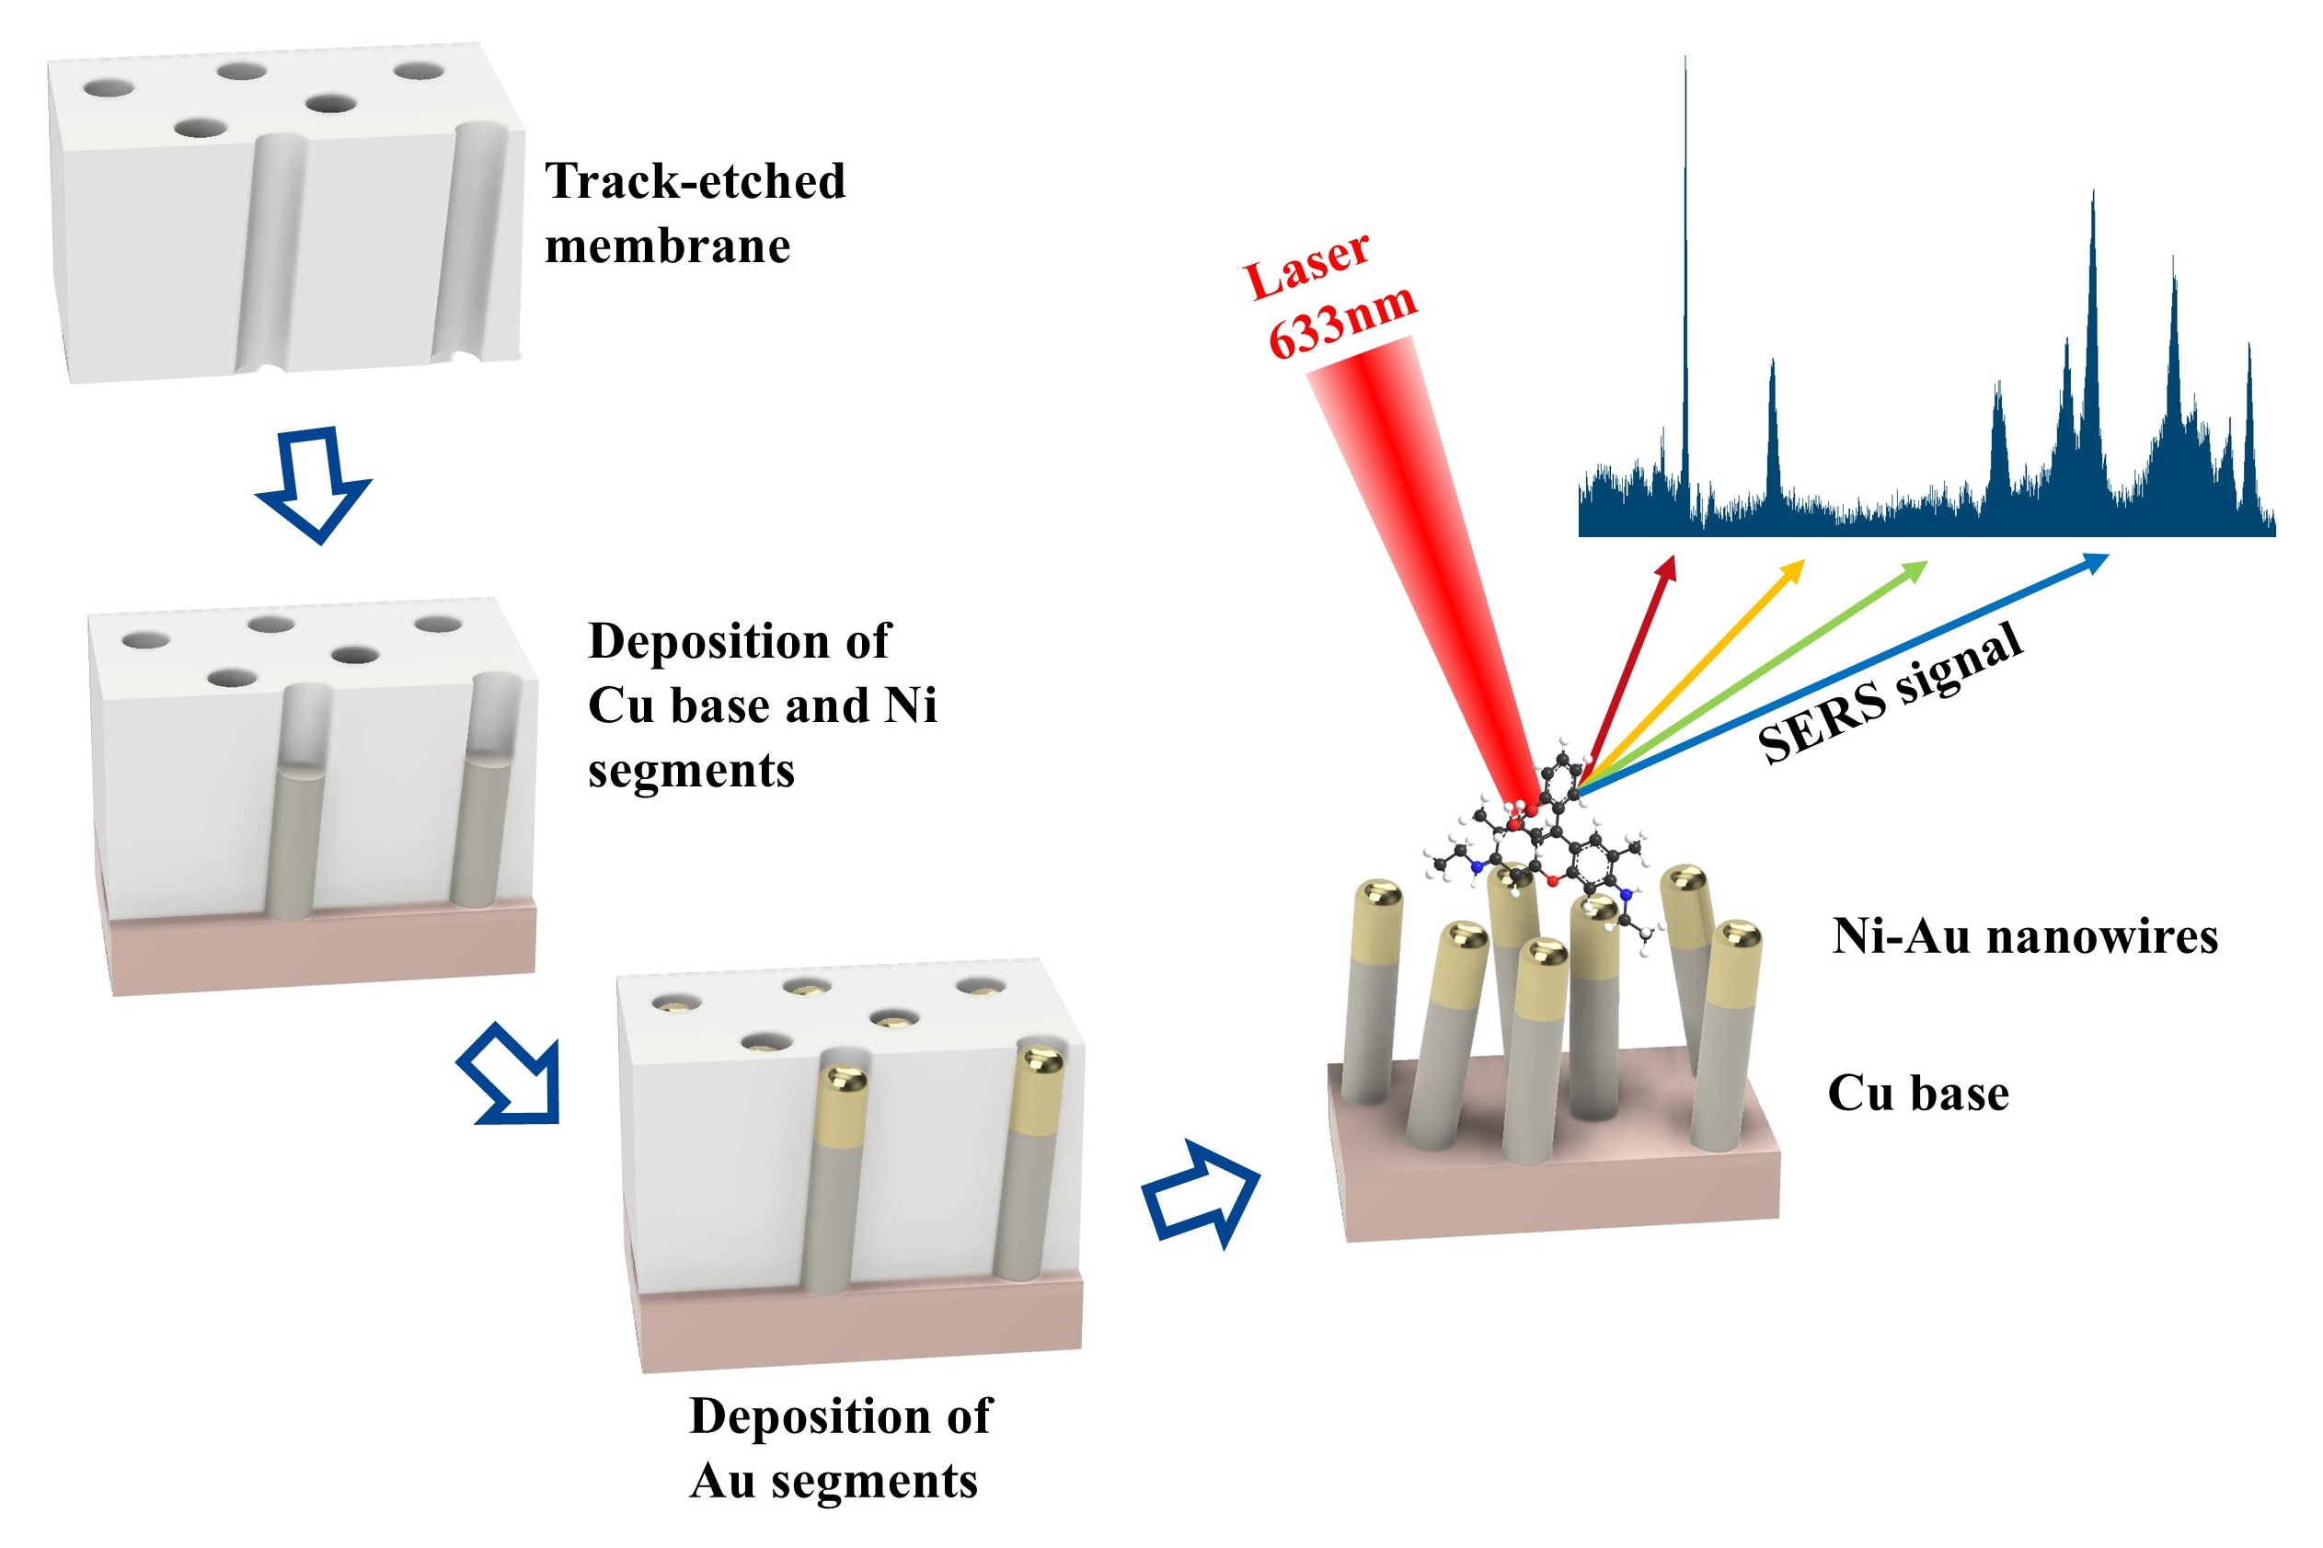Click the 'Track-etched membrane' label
(x=694, y=212)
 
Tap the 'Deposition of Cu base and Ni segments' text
(x=761, y=705)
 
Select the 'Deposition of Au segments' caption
(x=838, y=1448)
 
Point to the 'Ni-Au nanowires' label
(x=2024, y=936)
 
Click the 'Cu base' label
(x=1917, y=1093)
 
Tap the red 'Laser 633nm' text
(x=1328, y=293)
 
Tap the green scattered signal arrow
(x=1757, y=671)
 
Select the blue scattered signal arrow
(x=1846, y=671)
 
